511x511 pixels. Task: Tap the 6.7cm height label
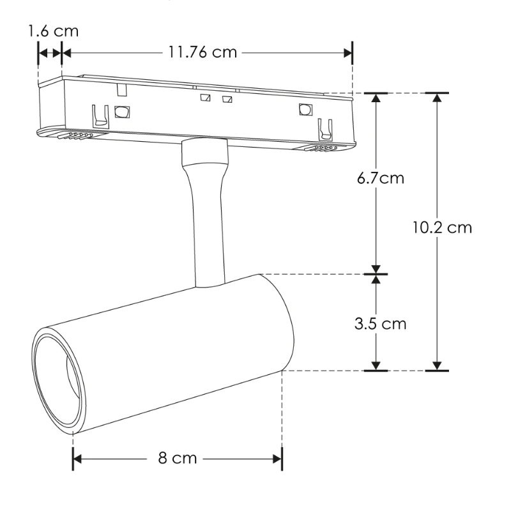point(381,178)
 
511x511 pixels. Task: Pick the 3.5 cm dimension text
point(381,323)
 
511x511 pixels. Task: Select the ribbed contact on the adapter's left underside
point(75,135)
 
